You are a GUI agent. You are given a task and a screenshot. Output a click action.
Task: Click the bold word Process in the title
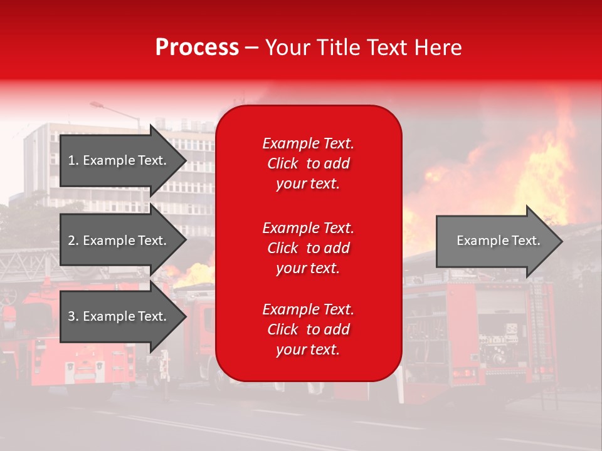coord(197,48)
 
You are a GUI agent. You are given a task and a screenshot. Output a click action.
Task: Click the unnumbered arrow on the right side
coord(498,241)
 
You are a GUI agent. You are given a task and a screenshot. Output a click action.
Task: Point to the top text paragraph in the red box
coord(308,163)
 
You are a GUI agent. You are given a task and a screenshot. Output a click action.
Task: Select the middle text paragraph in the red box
coord(308,248)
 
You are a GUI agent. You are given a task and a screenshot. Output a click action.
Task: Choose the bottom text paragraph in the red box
coord(308,329)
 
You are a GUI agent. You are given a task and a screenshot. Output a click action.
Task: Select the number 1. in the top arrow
coord(73,160)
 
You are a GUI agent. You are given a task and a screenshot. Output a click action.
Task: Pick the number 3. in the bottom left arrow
coord(73,316)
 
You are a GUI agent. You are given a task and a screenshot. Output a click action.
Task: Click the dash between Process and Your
coord(252,48)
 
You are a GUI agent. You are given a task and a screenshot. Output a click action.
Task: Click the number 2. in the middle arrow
coord(73,241)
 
